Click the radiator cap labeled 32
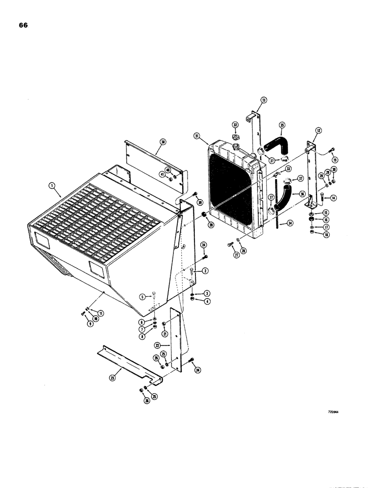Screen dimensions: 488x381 (235, 136)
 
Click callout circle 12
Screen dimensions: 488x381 (318, 130)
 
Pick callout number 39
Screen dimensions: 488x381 (200, 202)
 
